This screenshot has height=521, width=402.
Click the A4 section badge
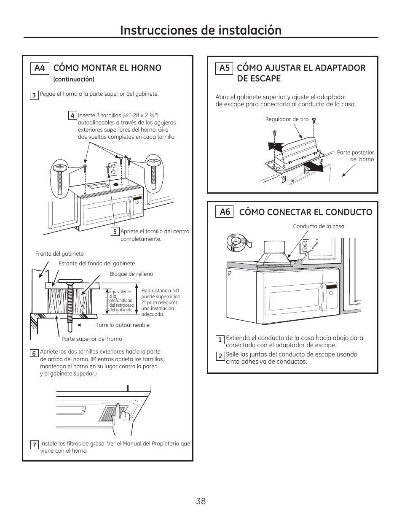coord(40,68)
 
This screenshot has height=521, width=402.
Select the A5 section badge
coord(224,68)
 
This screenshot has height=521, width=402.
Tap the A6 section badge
coord(225,212)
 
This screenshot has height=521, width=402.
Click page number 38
coord(201,501)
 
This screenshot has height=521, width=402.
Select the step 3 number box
coord(34,95)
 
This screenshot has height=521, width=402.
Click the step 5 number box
coord(115,232)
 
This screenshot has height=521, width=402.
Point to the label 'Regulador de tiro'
coord(287,119)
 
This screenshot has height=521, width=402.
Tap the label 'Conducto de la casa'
coord(319,227)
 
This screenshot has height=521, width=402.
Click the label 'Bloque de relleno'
coord(131,274)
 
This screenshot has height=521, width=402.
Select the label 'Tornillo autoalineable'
coord(123,325)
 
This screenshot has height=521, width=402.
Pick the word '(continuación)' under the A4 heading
coord(74,79)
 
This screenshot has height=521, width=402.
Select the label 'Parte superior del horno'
coord(92,339)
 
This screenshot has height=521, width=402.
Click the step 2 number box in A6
coord(220,356)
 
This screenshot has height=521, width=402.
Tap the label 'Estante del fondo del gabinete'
coord(97,264)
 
